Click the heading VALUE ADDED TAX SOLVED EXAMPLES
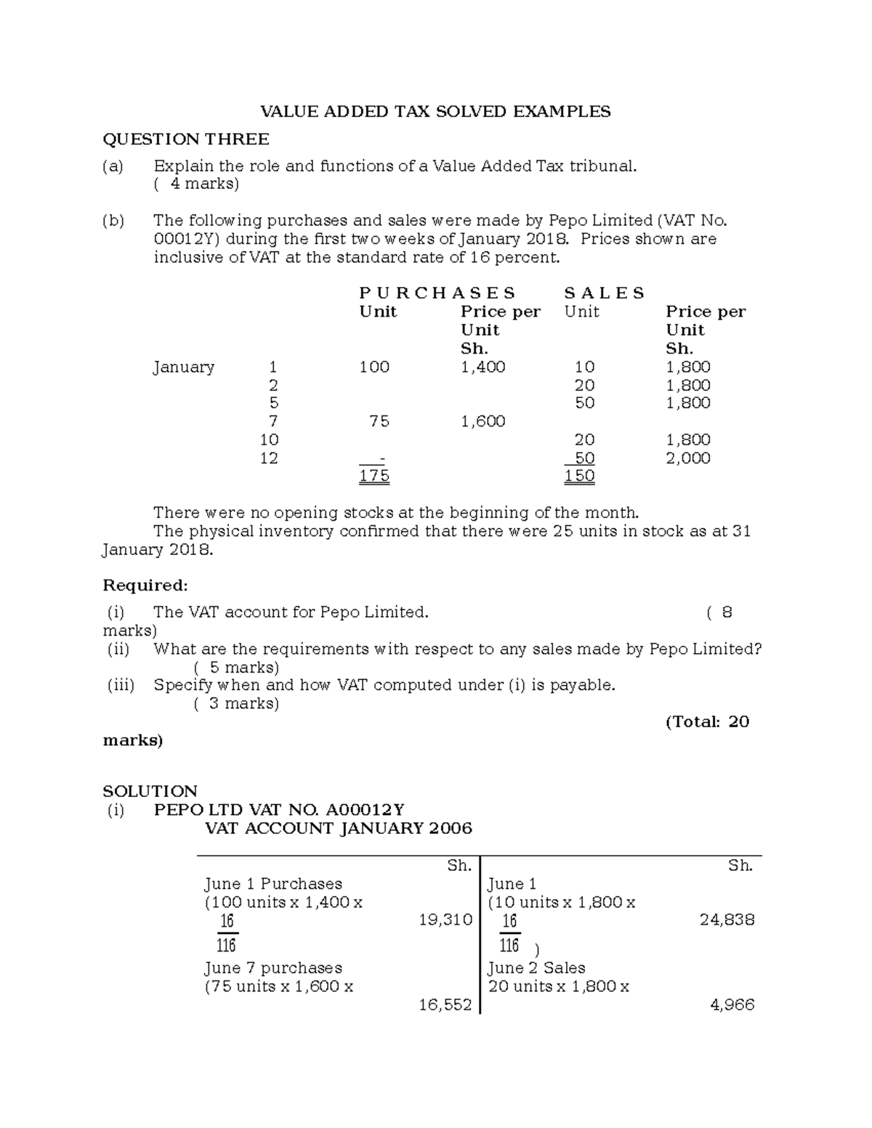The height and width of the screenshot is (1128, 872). [435, 111]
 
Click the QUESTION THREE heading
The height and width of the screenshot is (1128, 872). [185, 139]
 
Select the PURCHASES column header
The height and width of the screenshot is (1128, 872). [437, 293]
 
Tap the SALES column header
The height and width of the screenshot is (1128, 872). [604, 293]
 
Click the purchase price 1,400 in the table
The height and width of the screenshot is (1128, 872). [483, 367]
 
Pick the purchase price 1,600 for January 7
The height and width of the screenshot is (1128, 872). [483, 421]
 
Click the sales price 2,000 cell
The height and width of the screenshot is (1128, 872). [687, 458]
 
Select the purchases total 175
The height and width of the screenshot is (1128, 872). [374, 476]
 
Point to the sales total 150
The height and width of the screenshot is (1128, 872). [580, 476]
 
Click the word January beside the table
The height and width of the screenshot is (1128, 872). [183, 367]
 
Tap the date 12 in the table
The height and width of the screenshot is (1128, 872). [269, 458]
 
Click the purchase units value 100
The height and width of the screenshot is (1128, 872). [374, 367]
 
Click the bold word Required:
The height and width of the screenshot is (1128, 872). [145, 585]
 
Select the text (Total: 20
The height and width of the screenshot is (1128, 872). [707, 722]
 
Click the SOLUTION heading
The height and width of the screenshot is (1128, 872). [150, 791]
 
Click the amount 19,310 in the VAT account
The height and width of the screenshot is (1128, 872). [445, 920]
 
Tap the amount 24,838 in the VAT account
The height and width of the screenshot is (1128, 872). [727, 920]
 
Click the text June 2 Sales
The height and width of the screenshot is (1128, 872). [536, 968]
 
